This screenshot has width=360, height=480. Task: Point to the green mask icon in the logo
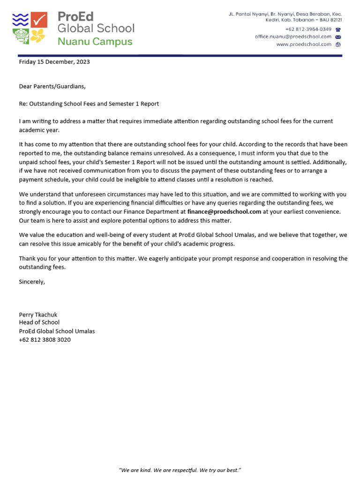tap(20, 36)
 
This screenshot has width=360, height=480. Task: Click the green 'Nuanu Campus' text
tap(95, 41)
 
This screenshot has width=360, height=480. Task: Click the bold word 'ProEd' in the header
tap(75, 16)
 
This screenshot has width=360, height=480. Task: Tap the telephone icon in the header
tap(338, 29)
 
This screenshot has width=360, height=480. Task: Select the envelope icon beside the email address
tap(338, 37)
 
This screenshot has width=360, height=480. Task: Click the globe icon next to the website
tap(338, 45)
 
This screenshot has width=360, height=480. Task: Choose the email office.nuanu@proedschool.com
tap(293, 37)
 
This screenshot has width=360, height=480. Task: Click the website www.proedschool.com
tap(303, 45)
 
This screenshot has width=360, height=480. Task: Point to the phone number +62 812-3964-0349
tap(308, 29)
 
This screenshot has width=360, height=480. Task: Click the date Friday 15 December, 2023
tap(54, 61)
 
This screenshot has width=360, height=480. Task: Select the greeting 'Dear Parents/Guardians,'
tap(52, 86)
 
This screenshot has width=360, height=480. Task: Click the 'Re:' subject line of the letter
tap(89, 104)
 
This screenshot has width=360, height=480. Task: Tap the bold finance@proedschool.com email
tap(224, 211)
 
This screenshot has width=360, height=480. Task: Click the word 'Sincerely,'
tap(32, 282)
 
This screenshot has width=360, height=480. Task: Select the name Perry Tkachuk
tap(38, 315)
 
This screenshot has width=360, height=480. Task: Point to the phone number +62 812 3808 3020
tap(45, 339)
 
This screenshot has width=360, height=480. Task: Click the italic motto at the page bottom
tap(180, 470)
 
